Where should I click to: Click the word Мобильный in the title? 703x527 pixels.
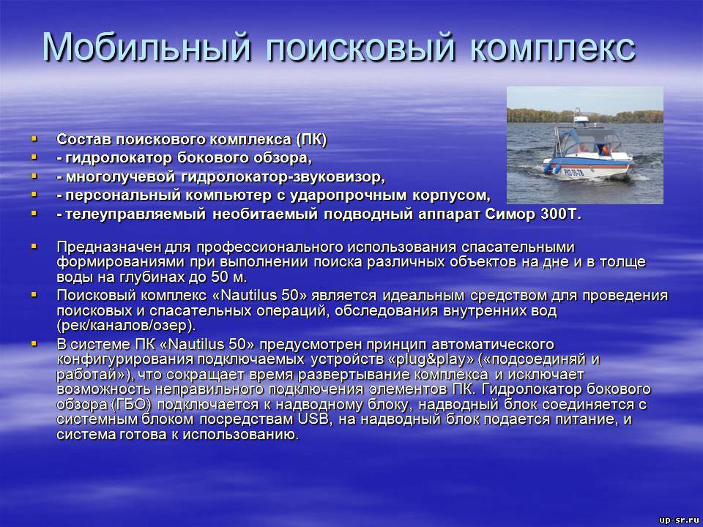coord(146,47)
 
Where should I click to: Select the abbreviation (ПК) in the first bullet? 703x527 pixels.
coord(311,139)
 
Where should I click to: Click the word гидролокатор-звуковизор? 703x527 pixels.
coord(283,177)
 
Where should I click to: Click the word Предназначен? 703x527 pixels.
coord(109,247)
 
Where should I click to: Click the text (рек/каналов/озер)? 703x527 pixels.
coord(126,325)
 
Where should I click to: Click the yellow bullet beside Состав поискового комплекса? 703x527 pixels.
coord(34,139)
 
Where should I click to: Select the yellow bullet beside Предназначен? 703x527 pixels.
coord(34,246)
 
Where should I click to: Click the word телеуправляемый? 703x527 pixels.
coord(135,214)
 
